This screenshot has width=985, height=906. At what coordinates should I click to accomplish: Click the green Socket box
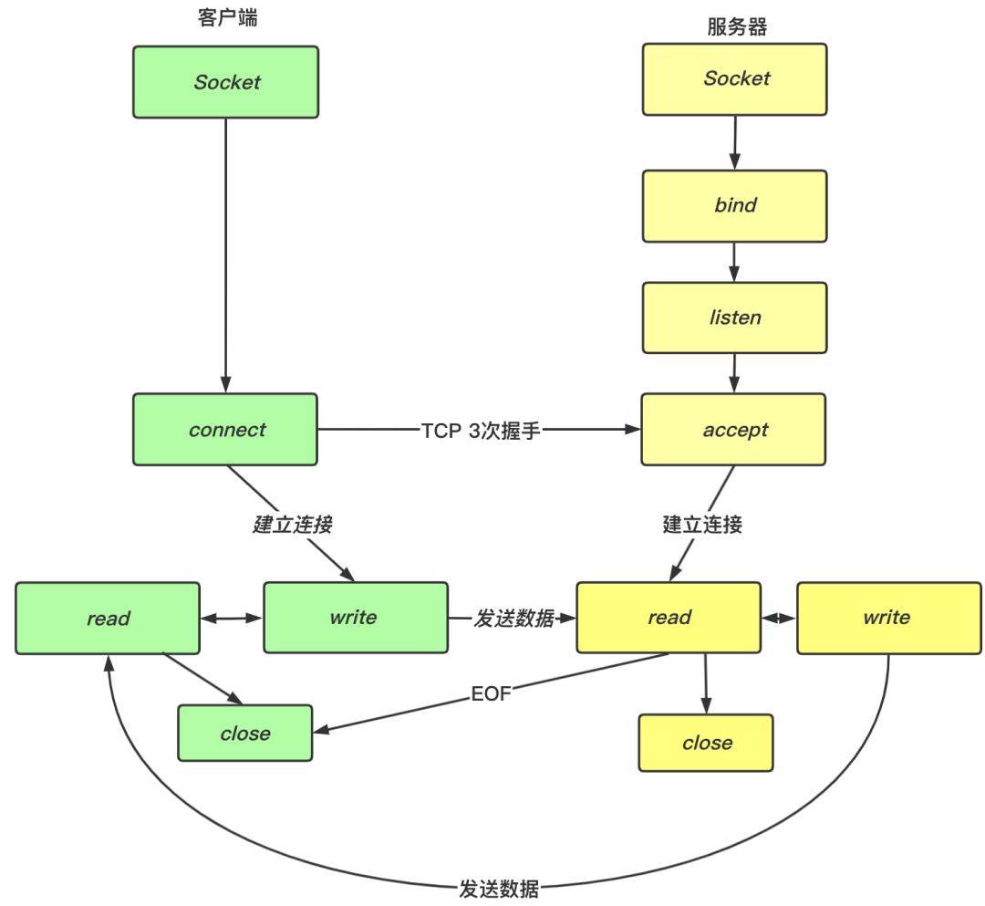[x=226, y=82]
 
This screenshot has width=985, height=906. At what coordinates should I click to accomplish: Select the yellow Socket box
[x=735, y=78]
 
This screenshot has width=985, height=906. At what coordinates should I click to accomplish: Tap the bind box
[x=735, y=205]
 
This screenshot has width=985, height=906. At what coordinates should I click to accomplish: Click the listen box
[x=735, y=318]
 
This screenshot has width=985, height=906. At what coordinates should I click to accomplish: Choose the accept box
[x=734, y=430]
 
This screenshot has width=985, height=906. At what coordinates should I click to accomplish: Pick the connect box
[x=226, y=430]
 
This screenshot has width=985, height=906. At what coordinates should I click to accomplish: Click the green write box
[x=355, y=618]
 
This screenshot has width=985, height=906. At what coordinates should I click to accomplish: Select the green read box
[x=108, y=619]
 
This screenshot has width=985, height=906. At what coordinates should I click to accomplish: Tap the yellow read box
[x=669, y=618]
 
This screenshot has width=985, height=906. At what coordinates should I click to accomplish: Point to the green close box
[x=244, y=734]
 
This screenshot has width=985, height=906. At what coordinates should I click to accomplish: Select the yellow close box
[x=706, y=743]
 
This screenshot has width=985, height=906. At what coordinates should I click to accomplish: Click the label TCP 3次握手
[x=481, y=431]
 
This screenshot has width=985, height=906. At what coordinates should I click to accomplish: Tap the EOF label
[x=491, y=695]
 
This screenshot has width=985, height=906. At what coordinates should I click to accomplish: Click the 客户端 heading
[x=227, y=17]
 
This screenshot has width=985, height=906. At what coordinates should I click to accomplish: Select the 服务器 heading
[x=737, y=26]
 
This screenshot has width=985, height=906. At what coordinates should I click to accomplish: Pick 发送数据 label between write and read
[x=513, y=619]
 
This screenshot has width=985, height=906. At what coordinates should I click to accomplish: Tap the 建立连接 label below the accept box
[x=702, y=525]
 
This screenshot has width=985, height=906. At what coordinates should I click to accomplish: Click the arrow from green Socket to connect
[x=226, y=255]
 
